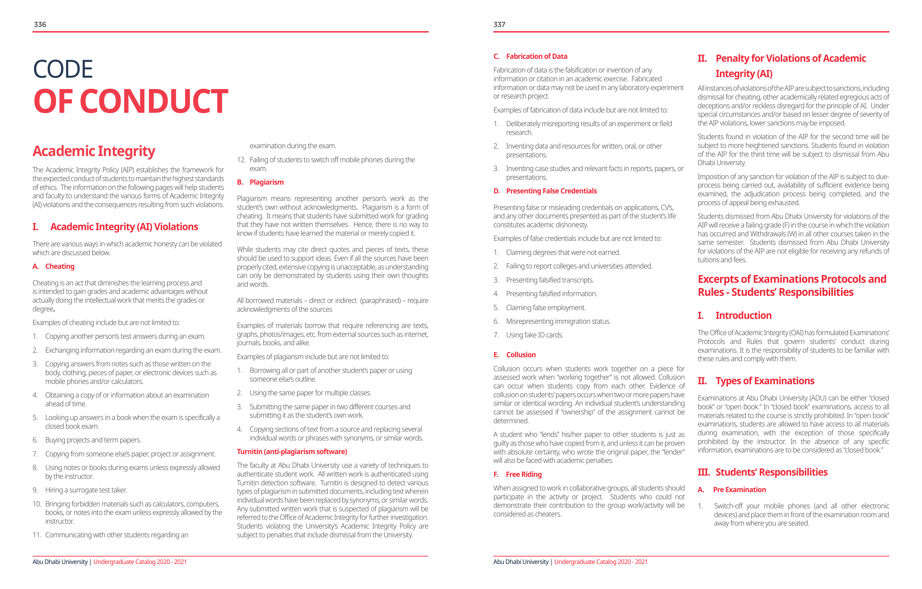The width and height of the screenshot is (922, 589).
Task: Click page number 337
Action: tap(499, 24)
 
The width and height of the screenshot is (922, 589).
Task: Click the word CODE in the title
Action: tap(63, 69)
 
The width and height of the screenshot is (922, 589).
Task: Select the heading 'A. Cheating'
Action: tap(54, 266)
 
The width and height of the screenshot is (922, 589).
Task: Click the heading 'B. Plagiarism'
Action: tap(261, 182)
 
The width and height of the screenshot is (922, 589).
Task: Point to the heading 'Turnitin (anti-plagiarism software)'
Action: tap(292, 452)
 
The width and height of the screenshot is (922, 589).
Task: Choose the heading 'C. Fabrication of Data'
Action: tap(530, 56)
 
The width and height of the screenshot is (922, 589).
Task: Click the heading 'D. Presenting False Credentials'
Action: tap(545, 191)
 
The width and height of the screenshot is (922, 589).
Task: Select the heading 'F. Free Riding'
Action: tap(518, 474)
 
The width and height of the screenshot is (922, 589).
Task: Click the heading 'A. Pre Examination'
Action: tap(732, 490)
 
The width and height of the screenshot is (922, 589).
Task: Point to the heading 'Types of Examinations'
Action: tap(765, 381)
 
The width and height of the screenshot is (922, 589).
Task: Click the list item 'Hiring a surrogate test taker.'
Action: tap(86, 490)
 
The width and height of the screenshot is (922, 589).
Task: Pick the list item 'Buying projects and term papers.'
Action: tap(93, 440)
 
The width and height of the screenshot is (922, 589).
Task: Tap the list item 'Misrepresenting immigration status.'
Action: tap(558, 321)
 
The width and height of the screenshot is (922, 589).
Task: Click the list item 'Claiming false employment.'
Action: tap(546, 308)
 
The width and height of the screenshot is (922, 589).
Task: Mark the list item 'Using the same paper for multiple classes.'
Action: tap(310, 393)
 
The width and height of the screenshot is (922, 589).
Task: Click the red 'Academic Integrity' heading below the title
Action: tap(94, 151)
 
